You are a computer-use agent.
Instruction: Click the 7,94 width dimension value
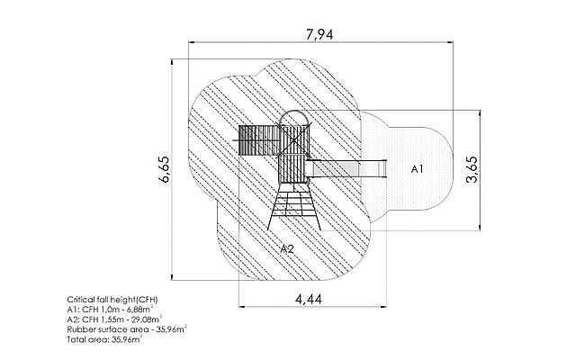point(319,34)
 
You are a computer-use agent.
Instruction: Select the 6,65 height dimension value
point(164,169)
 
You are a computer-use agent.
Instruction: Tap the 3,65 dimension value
point(472,169)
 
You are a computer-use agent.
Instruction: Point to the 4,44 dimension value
point(309,299)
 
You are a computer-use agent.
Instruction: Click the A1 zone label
point(417,169)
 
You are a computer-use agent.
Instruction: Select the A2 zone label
point(287,248)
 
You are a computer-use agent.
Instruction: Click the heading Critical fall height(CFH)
point(112,300)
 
